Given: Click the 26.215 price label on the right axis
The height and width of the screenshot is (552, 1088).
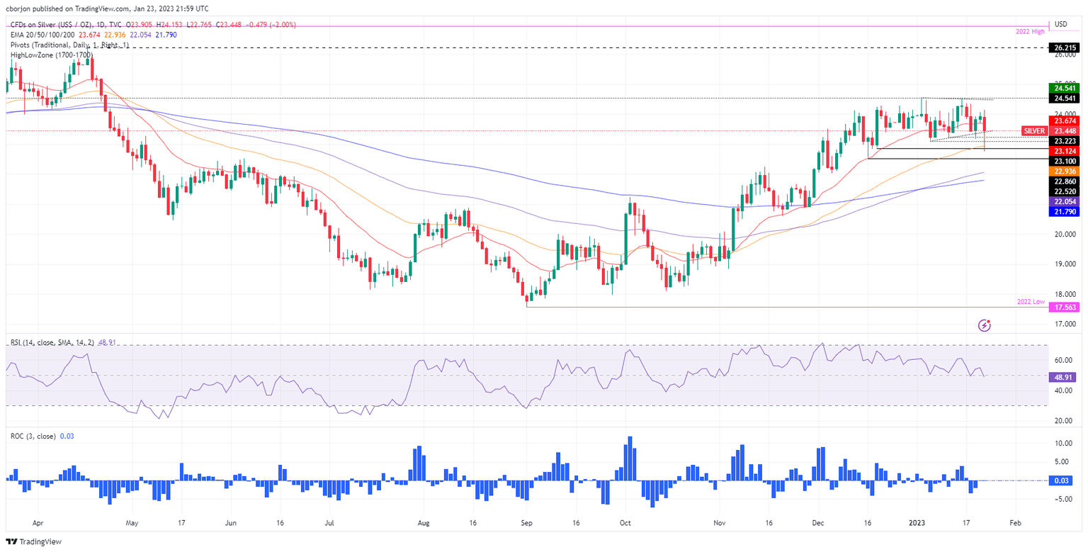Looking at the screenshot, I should [1063, 47].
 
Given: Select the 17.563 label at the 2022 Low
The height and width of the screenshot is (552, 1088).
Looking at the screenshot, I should [1063, 308].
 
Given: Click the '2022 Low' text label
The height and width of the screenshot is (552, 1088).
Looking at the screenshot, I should [1030, 301].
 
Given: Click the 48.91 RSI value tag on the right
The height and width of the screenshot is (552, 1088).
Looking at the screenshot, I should [1063, 378].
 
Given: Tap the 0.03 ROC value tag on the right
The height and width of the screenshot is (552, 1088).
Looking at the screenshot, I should [1063, 480].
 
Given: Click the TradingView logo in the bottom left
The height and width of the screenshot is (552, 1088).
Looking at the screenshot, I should [36, 541].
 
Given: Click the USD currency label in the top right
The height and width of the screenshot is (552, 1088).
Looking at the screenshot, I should [1061, 23].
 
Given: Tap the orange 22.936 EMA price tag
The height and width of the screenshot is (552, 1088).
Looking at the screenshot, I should [1063, 171].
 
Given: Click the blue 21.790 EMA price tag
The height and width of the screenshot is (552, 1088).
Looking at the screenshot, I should [1063, 212].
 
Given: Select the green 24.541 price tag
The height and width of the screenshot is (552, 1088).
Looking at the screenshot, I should [1063, 88].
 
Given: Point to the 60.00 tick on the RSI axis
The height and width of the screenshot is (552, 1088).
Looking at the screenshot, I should [1062, 360].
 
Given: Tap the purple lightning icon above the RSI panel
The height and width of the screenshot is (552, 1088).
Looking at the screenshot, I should [984, 325].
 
